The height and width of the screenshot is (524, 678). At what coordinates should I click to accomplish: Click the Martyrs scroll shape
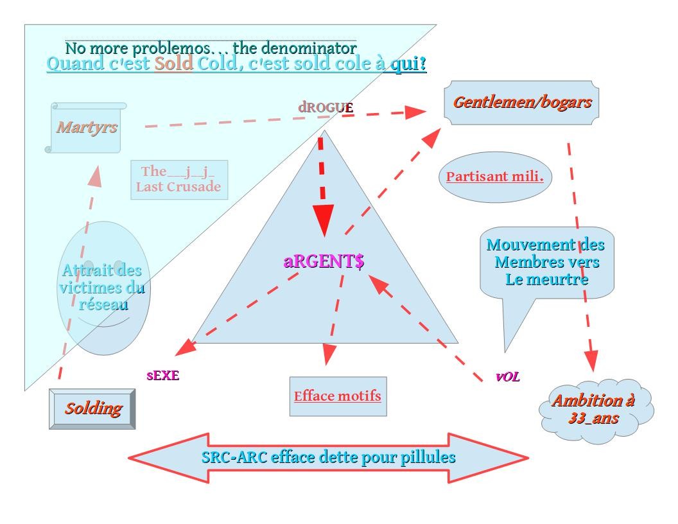[x=86, y=127]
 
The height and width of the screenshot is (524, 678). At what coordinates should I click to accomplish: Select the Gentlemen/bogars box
[x=521, y=102]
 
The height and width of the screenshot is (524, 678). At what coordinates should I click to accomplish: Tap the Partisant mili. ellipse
[x=494, y=177]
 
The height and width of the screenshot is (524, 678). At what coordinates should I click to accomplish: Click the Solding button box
[x=92, y=408]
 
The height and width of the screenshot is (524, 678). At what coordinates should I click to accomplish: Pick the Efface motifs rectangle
[x=338, y=396]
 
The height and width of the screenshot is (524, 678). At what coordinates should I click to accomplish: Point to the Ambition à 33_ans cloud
[x=594, y=409]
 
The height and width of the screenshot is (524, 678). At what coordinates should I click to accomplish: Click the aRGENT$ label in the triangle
[x=324, y=261]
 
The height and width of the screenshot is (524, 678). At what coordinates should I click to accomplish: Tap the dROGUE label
[x=326, y=107]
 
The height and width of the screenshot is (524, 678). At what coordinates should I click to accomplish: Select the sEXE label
[x=162, y=376]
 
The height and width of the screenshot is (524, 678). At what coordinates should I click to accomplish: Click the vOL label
[x=507, y=377]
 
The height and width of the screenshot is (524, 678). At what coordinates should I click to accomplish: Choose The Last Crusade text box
[x=178, y=179]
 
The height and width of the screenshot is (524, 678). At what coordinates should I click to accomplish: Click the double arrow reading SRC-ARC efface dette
[x=328, y=458]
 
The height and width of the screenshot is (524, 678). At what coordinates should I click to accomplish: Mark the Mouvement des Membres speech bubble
[x=546, y=263]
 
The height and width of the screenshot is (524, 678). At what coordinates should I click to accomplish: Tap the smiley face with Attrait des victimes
[x=103, y=288]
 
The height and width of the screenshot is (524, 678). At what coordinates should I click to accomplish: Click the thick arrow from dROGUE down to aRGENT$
[x=323, y=186]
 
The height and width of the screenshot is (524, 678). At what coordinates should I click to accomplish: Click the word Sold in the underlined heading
[x=173, y=64]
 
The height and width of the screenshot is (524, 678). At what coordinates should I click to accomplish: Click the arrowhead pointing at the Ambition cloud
[x=591, y=360]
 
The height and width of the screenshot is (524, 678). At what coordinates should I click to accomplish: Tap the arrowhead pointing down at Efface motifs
[x=328, y=354]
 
